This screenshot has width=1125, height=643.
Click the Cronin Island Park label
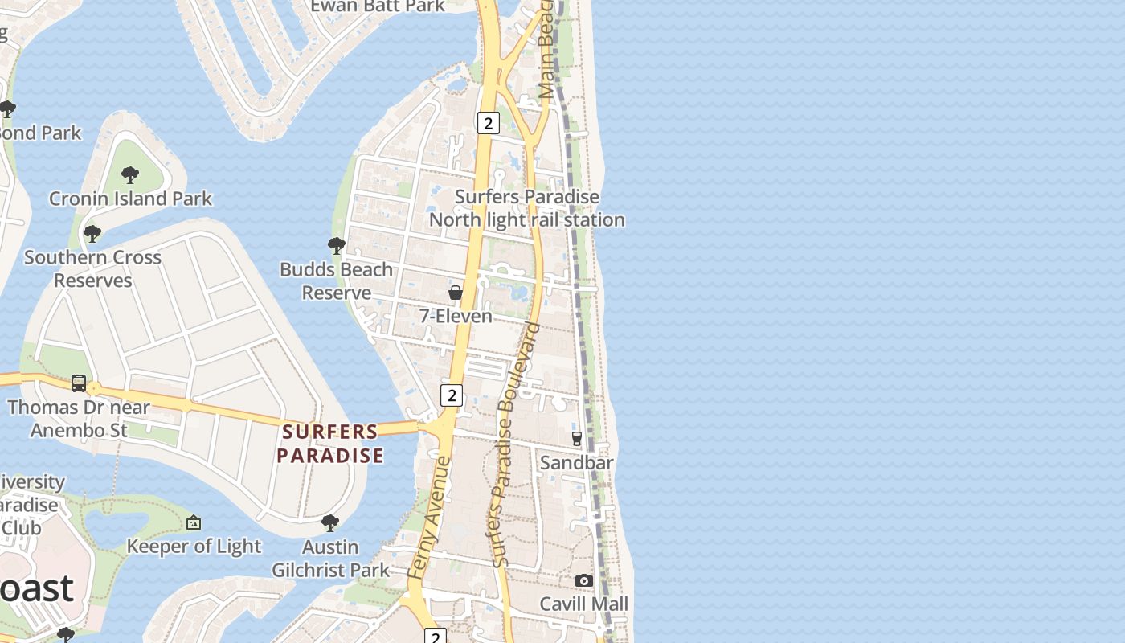tap(130, 199)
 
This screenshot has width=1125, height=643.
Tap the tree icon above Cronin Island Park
tap(129, 174)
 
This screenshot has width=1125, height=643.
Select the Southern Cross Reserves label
tap(92, 268)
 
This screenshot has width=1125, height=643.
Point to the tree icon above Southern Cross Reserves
tap(92, 234)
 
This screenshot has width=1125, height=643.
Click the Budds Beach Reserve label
tap(336, 281)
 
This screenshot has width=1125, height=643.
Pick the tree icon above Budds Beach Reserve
tap(336, 246)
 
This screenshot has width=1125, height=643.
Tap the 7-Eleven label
tap(456, 316)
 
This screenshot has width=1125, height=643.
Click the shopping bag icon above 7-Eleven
tap(456, 293)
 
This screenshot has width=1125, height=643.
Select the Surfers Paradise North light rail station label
tap(526, 208)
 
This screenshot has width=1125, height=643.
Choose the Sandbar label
tap(576, 462)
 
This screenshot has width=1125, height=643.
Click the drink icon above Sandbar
tap(576, 439)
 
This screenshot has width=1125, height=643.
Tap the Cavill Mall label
tap(583, 604)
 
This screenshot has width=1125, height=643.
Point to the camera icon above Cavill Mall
tap(584, 580)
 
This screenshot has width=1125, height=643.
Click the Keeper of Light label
tap(194, 547)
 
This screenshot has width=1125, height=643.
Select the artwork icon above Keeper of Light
tap(194, 523)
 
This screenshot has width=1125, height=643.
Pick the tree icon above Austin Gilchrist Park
tap(329, 523)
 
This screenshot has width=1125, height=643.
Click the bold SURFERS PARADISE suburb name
tap(329, 444)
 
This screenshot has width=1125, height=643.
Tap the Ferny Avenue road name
tap(427, 517)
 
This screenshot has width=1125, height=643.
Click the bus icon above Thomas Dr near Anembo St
tap(79, 383)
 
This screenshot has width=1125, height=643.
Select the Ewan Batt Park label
tap(377, 6)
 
